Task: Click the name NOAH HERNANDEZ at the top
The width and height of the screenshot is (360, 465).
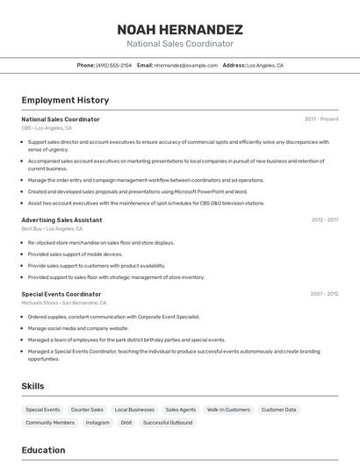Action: [180, 29]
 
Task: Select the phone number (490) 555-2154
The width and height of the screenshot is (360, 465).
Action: [113, 65]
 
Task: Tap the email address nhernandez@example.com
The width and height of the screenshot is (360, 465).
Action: [185, 65]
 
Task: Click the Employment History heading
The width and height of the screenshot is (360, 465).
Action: [65, 100]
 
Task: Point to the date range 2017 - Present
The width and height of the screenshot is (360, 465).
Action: [321, 119]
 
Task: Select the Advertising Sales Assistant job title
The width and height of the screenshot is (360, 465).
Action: [61, 219]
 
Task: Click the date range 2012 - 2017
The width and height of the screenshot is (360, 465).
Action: [324, 219]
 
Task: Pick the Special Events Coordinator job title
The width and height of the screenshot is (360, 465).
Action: [61, 294]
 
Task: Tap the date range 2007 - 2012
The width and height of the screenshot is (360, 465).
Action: [324, 294]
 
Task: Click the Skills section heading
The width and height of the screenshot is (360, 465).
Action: [32, 386]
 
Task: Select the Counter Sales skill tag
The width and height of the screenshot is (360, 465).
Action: [87, 410]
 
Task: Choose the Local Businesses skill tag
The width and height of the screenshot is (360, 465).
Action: [134, 410]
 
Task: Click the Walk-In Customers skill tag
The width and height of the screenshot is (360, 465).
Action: [228, 410]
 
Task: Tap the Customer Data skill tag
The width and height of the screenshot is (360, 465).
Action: [278, 410]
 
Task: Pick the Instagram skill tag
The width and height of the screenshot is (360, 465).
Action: [97, 423]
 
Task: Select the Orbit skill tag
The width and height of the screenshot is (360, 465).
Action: [126, 423]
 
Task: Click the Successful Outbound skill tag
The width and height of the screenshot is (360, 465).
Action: [168, 423]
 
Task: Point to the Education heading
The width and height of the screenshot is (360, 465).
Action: [43, 450]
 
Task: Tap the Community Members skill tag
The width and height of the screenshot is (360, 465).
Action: [50, 423]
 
